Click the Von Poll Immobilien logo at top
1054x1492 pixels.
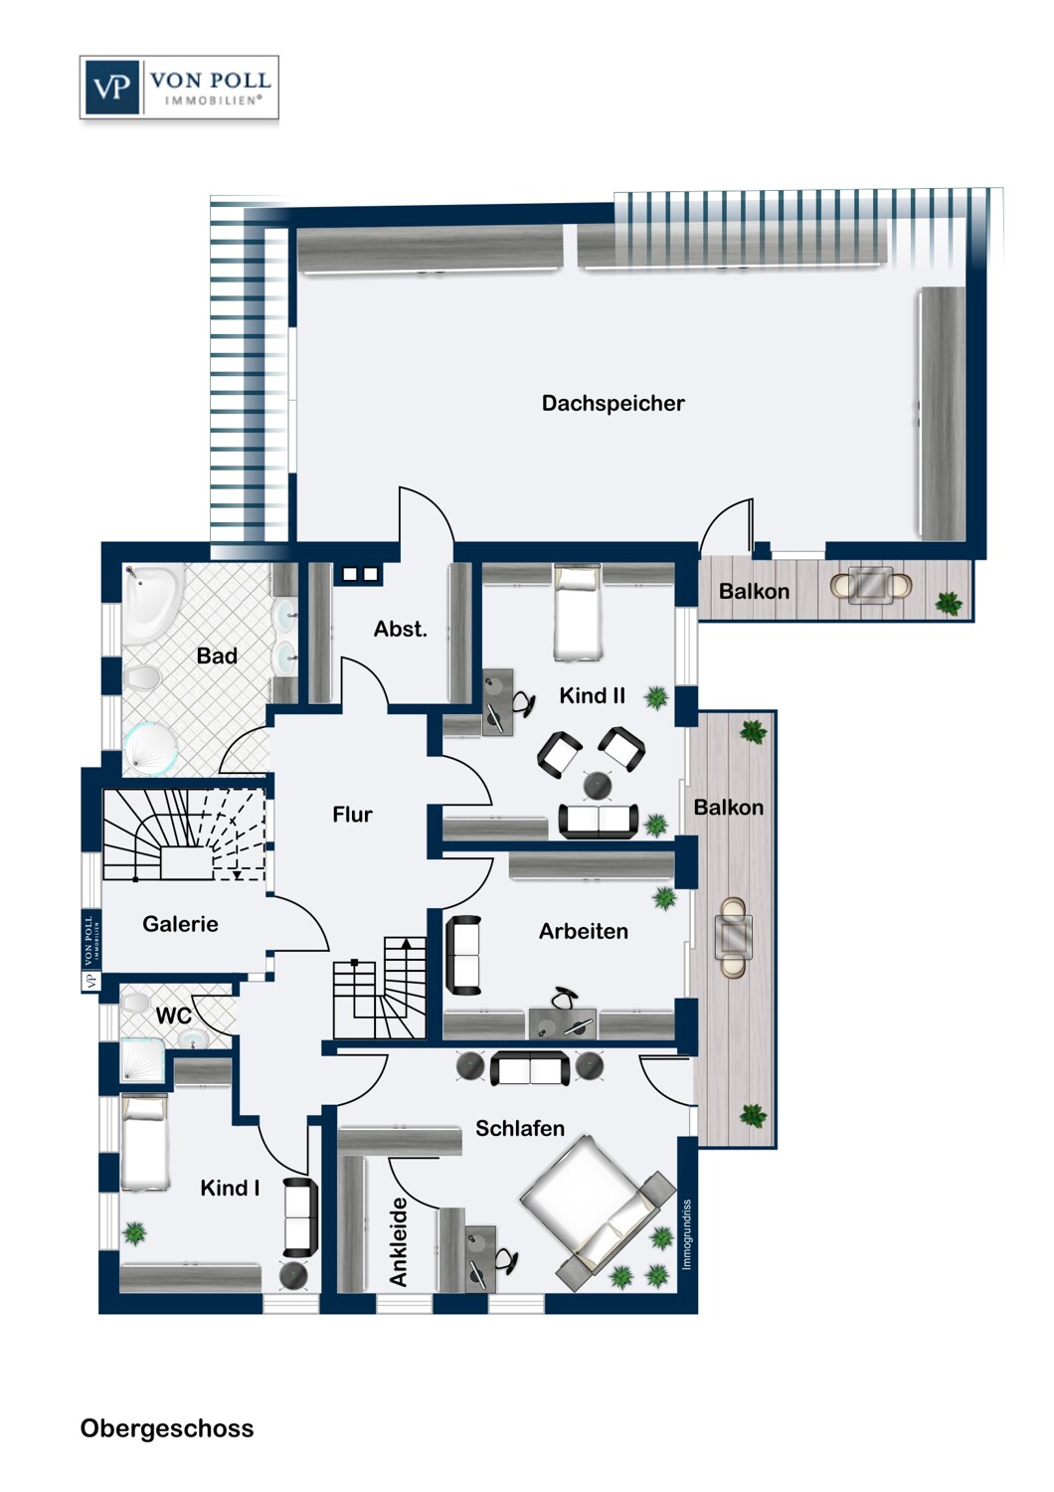(179, 89)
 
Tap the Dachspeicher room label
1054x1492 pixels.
(613, 403)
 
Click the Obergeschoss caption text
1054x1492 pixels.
(167, 1428)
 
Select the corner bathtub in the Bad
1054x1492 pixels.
(151, 603)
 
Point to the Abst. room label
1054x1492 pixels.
(400, 629)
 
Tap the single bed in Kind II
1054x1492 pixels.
(577, 613)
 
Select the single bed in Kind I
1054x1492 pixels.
(144, 1142)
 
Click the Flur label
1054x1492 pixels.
(352, 815)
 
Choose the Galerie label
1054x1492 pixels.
(180, 924)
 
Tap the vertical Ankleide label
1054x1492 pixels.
(399, 1241)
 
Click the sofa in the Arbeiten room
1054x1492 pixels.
(463, 955)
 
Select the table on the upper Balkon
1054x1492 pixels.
(871, 586)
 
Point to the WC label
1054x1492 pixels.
(173, 1016)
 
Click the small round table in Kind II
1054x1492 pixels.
(597, 785)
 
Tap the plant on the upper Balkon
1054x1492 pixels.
(949, 602)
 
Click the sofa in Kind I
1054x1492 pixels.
(299, 1216)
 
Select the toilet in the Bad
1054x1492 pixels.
(143, 678)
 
